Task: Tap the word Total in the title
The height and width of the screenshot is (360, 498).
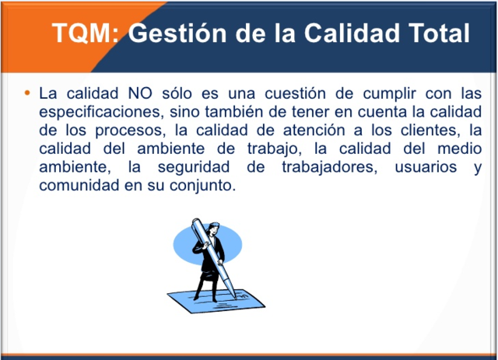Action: point(431,33)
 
